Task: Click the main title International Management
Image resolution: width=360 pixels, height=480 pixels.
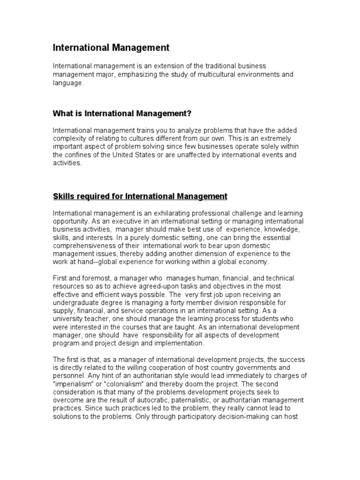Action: pos(111,48)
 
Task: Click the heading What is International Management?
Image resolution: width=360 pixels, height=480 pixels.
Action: pos(122,113)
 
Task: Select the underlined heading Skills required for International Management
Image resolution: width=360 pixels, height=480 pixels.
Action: pos(140,196)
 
